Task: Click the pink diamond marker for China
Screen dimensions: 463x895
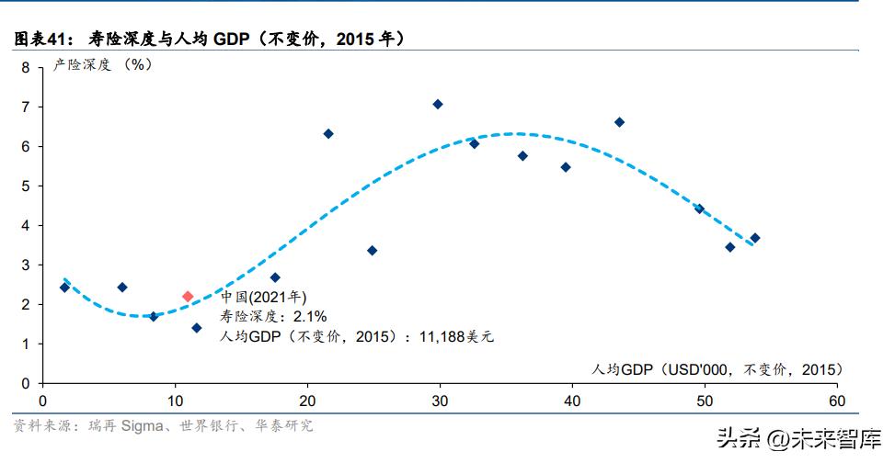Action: tap(188, 296)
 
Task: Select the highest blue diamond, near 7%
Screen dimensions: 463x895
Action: tap(438, 104)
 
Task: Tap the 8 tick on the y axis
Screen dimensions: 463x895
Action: tap(26, 67)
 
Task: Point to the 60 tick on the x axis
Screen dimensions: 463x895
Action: tap(836, 401)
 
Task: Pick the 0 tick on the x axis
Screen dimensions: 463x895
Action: tap(42, 401)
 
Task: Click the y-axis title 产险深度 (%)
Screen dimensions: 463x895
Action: tap(102, 65)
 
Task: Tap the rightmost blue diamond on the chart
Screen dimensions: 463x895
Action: tap(754, 238)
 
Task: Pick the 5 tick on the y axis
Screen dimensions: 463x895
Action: tap(26, 186)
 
